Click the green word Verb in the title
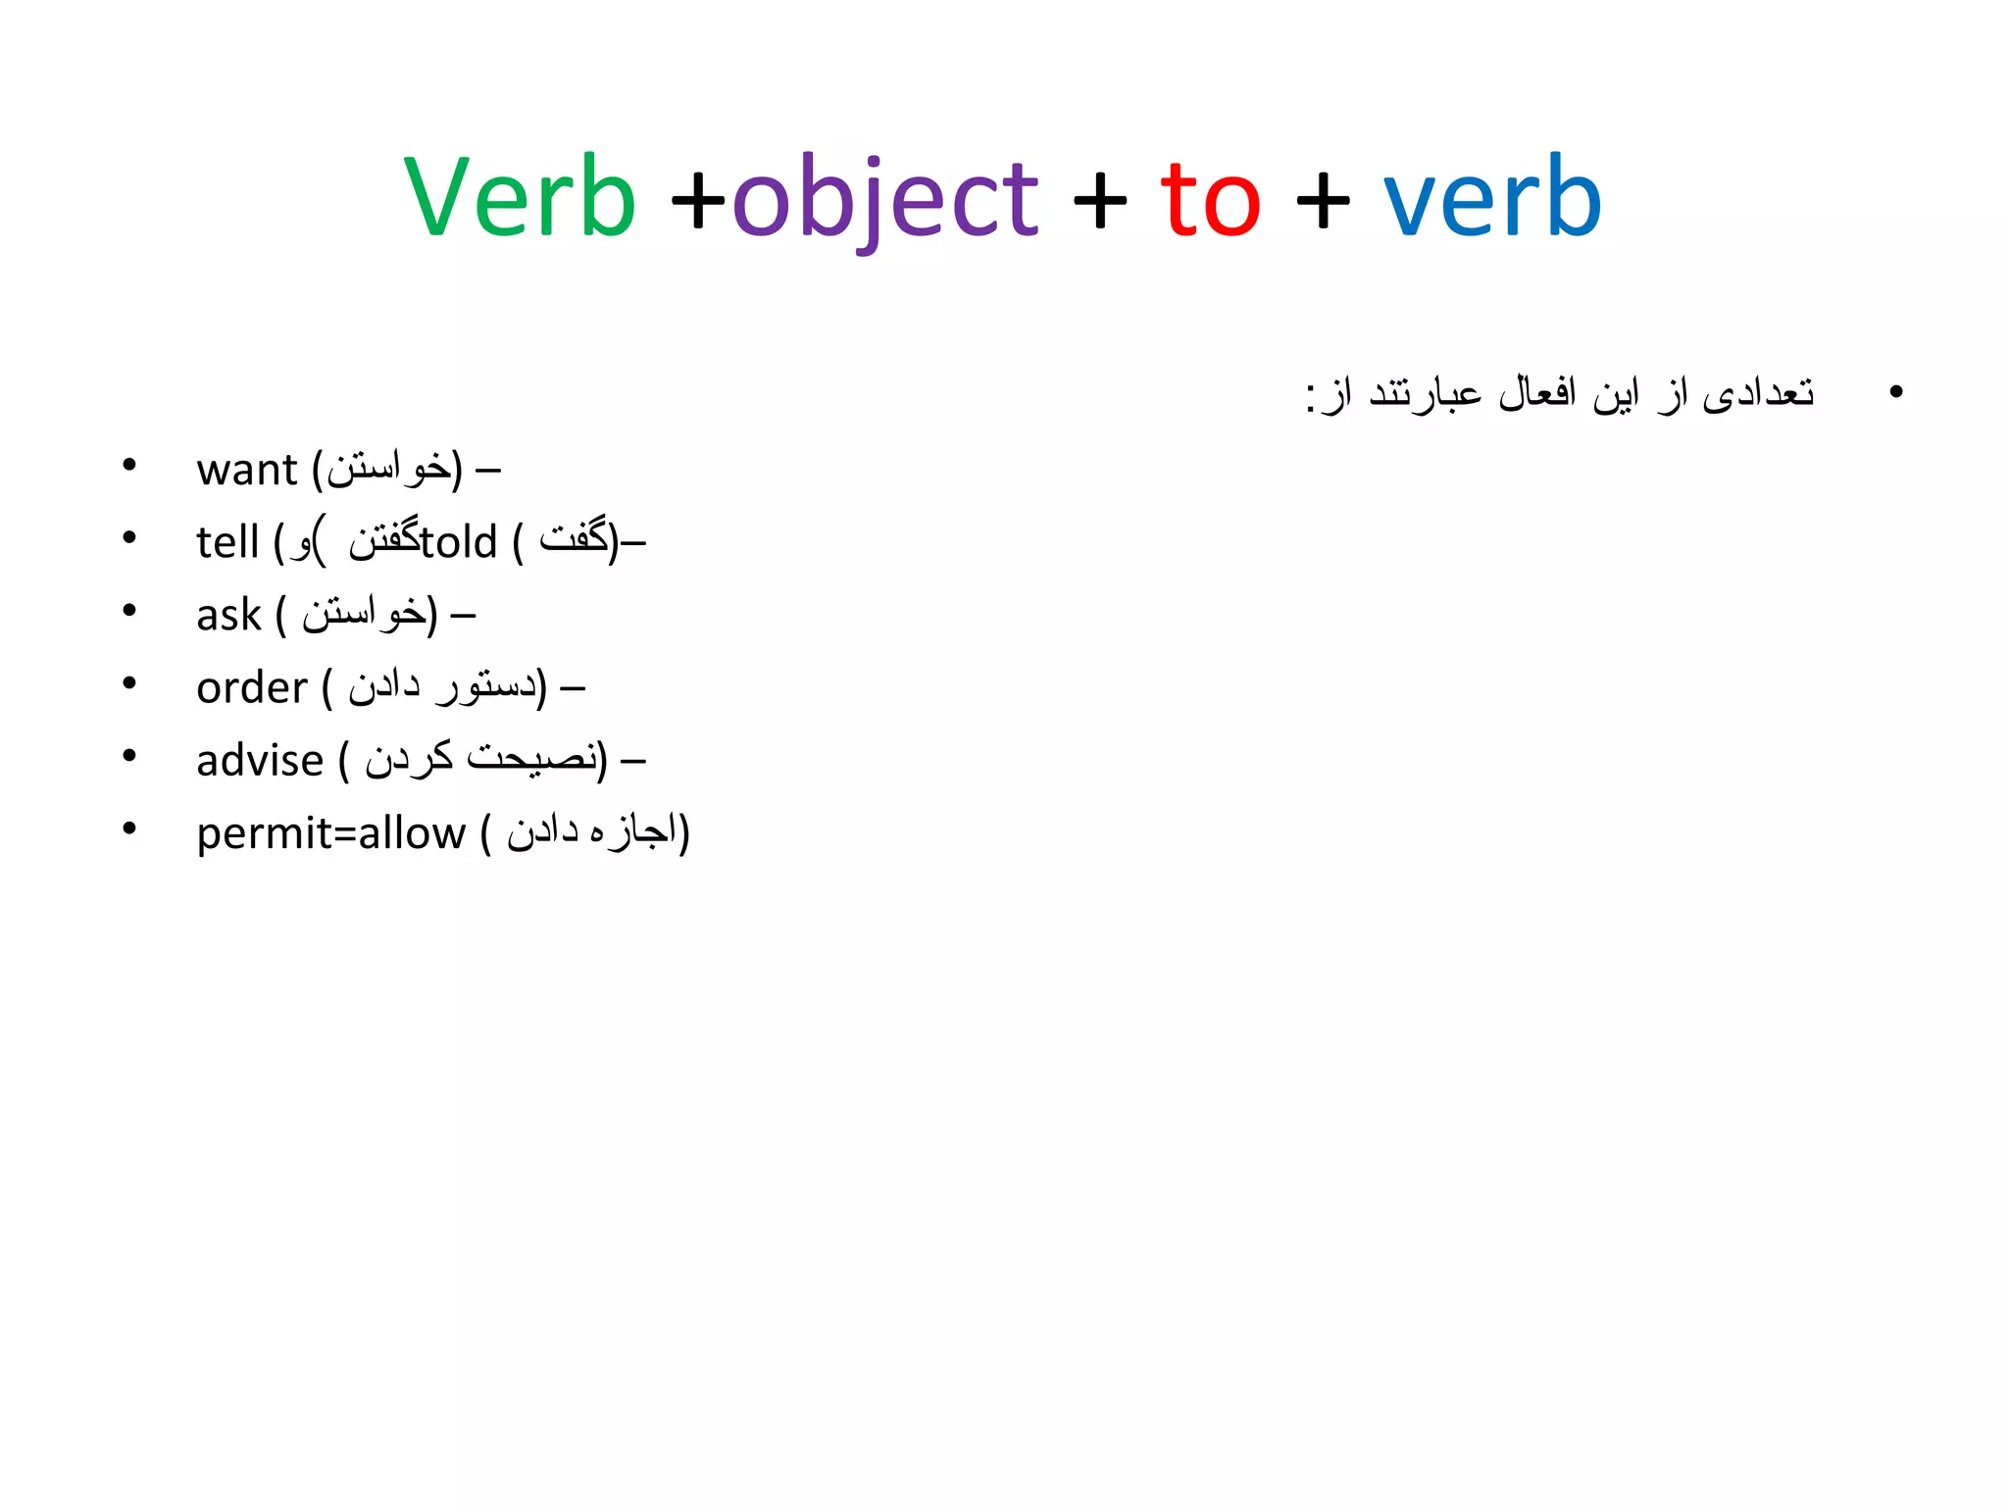click(520, 198)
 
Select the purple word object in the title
click(884, 201)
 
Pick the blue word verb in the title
click(1492, 198)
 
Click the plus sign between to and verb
click(1323, 201)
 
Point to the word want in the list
click(246, 470)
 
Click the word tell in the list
click(227, 542)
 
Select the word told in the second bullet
click(459, 542)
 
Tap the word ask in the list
click(228, 616)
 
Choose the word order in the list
click(252, 688)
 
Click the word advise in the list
click(260, 761)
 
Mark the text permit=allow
click(330, 833)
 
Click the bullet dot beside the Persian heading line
click(1895, 392)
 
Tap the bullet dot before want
click(129, 466)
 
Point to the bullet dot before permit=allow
click(129, 829)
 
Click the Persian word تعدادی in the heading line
click(1759, 393)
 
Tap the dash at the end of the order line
click(573, 690)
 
